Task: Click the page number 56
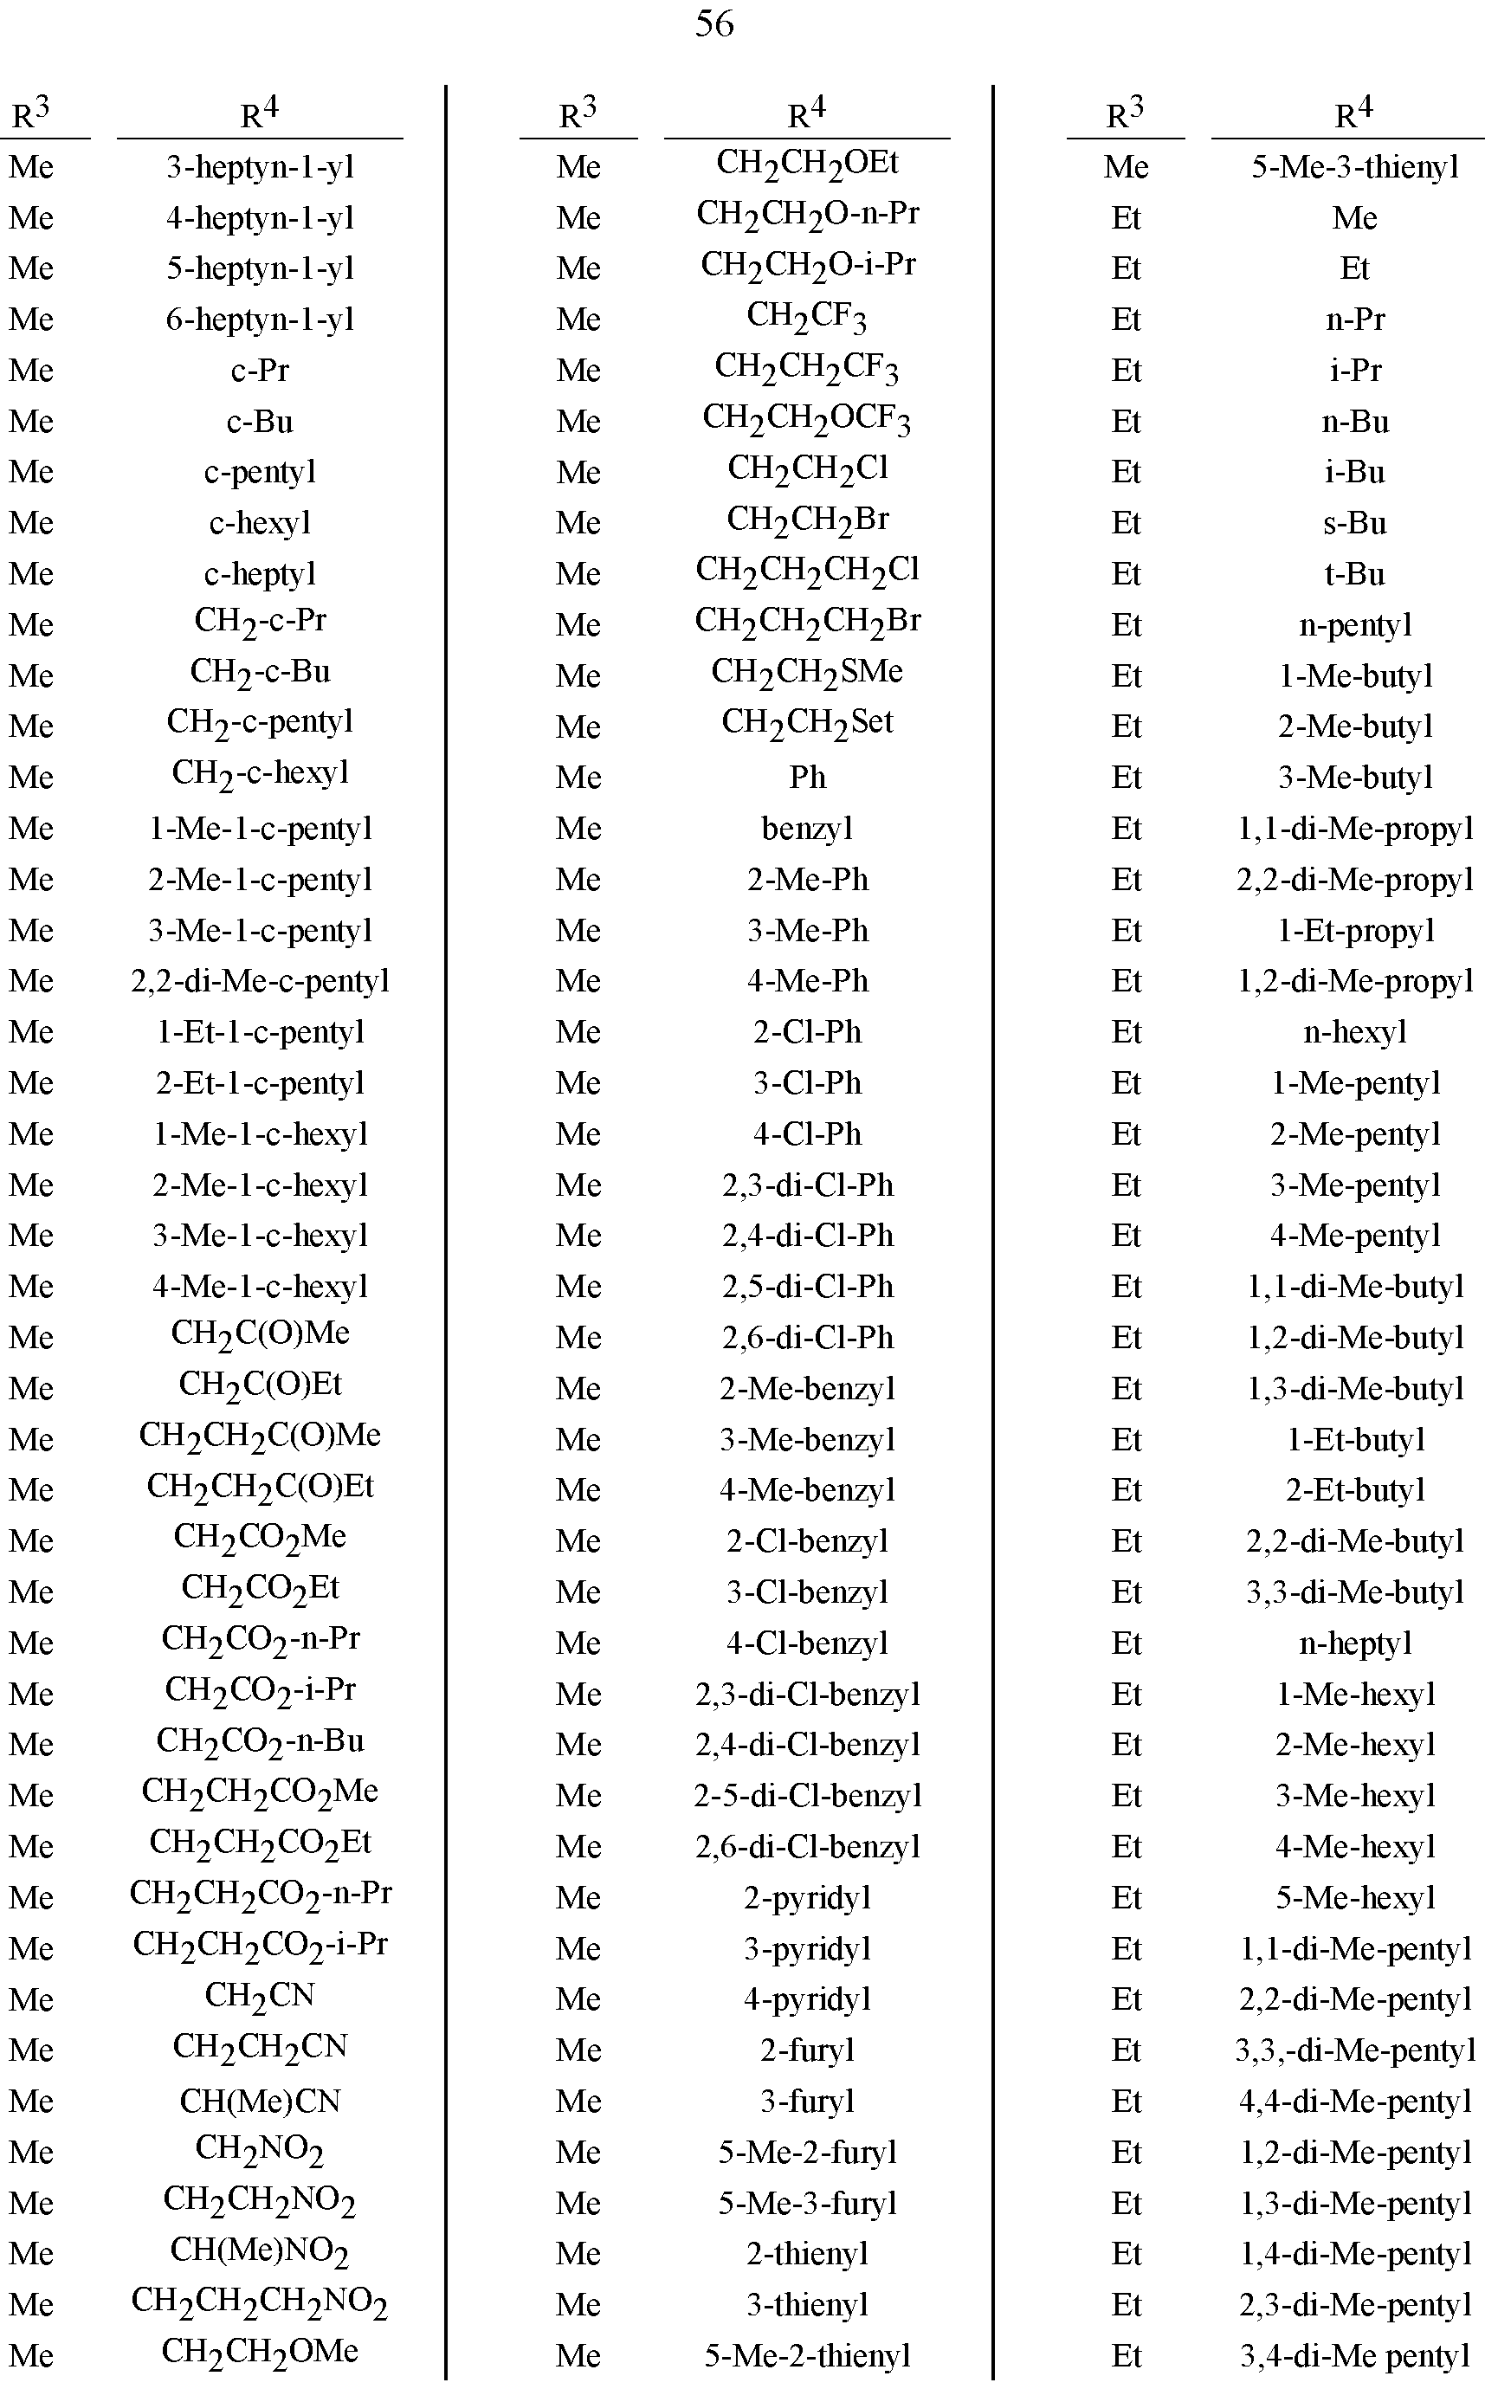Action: point(714,23)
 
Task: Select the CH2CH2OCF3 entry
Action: point(806,419)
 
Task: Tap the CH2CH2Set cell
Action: point(806,724)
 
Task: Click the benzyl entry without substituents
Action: point(806,828)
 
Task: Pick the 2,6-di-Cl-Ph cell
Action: point(806,1336)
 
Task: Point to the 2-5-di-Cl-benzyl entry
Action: point(806,1795)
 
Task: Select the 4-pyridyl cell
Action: point(806,1998)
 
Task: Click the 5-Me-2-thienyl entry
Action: point(806,2354)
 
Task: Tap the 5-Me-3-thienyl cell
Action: point(1354,167)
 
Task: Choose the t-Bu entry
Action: point(1354,573)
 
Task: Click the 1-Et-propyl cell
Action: point(1354,930)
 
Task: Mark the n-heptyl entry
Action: point(1354,1642)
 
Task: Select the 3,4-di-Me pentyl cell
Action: point(1354,2354)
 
